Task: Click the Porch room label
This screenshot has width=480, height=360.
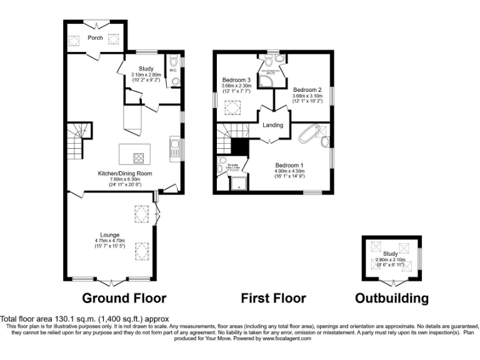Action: coord(95,38)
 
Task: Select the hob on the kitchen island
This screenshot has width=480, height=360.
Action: coord(139,157)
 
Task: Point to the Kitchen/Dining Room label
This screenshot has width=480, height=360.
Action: coord(124,174)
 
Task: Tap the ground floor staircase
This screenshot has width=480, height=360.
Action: coord(76,141)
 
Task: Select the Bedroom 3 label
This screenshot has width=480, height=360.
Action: coord(236,81)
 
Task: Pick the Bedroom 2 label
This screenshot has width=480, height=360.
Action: coord(306,89)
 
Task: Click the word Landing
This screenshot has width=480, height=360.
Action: coord(272,125)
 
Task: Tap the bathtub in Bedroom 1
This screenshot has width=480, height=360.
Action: coord(311,135)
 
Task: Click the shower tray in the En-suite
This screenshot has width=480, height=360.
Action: coord(239,183)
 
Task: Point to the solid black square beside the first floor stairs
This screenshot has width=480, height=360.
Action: coord(240,146)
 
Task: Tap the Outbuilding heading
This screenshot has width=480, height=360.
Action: coord(392,298)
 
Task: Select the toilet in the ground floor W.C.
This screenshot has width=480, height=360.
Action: coord(174,80)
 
